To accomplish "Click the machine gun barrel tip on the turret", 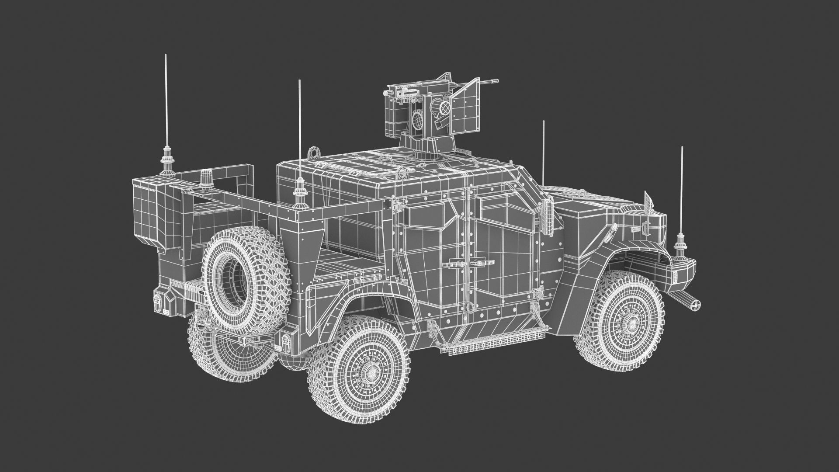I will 496,80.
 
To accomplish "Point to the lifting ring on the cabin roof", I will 314,153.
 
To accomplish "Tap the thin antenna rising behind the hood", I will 543,149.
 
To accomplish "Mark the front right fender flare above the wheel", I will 612,262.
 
